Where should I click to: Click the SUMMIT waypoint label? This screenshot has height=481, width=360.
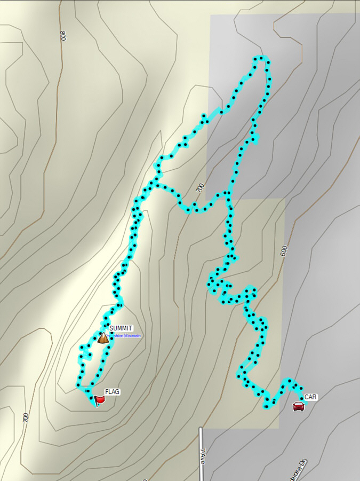point(121,328)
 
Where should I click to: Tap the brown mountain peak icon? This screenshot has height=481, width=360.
point(103,338)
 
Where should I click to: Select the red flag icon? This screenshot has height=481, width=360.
point(99,399)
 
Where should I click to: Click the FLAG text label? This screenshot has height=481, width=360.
point(112,392)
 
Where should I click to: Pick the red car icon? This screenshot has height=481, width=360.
point(299,406)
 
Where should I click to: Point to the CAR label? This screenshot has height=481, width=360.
point(311,397)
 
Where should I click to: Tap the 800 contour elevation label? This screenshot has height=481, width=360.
point(63,36)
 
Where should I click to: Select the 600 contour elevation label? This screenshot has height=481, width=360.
point(283,251)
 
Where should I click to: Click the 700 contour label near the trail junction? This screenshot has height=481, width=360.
point(200,188)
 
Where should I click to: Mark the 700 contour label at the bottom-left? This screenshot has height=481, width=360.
point(26,418)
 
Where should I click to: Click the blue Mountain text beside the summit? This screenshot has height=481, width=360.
point(126,336)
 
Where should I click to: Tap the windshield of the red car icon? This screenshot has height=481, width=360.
point(299,404)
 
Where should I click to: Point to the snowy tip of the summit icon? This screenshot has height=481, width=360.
point(103,334)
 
